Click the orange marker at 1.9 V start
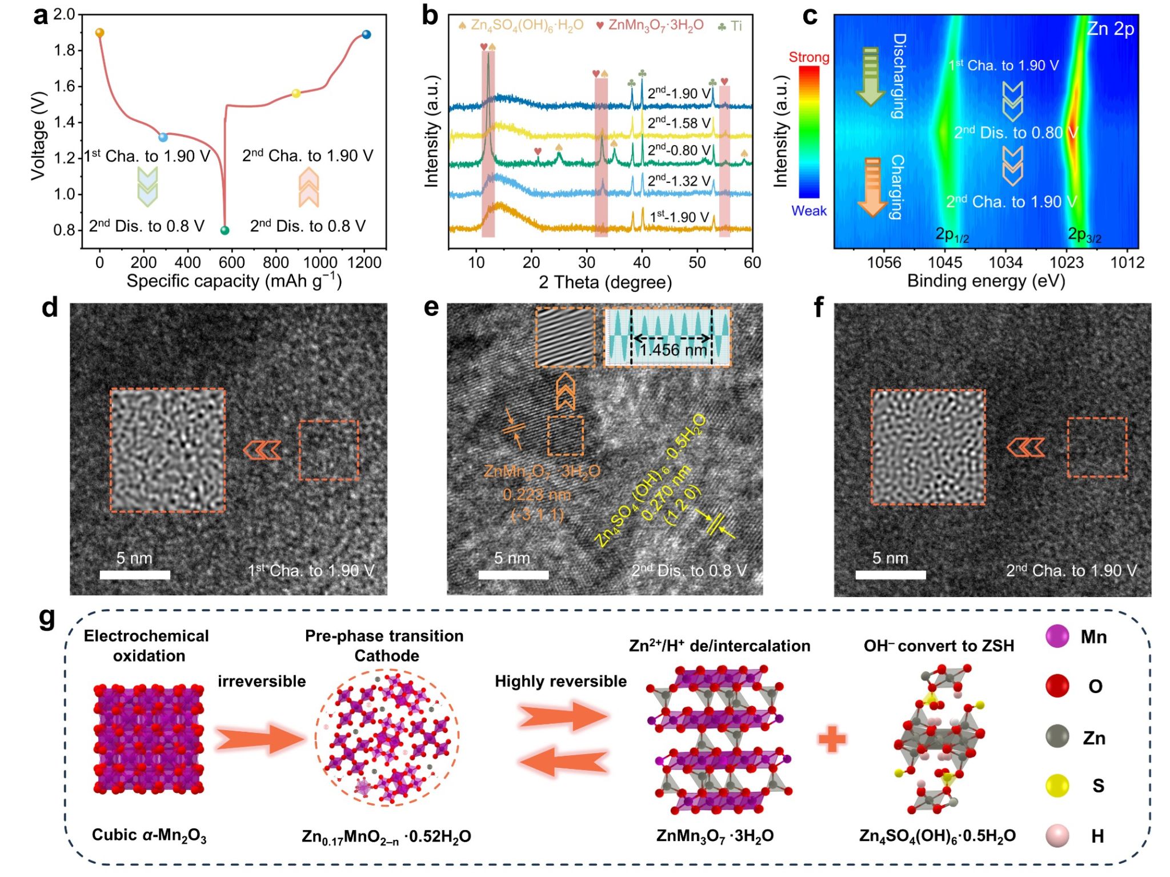coord(99,33)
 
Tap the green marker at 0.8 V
coord(225,230)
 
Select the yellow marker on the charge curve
coord(296,93)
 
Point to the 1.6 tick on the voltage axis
coord(65,86)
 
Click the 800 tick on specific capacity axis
coord(275,262)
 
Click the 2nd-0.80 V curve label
coord(679,150)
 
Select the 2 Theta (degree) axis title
coord(605,282)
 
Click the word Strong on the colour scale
coord(808,57)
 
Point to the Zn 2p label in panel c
coord(1110,29)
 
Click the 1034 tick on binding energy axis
coord(1005,262)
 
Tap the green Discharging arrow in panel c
coord(871,76)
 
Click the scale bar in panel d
coord(135,575)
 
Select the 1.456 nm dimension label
coord(672,350)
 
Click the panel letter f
coord(819,307)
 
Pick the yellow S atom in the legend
coord(1057,786)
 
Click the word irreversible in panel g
coord(262,681)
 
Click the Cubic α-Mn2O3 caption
coord(149,835)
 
